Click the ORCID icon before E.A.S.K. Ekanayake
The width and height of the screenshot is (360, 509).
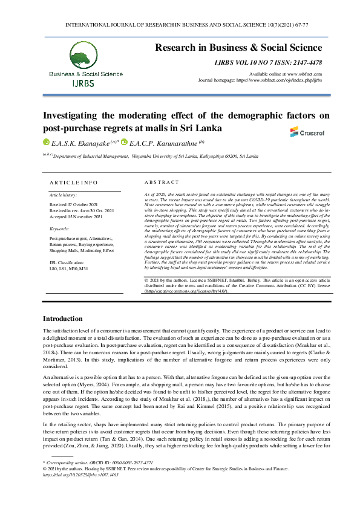click(x=45, y=143)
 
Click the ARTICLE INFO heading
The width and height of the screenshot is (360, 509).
click(x=73, y=182)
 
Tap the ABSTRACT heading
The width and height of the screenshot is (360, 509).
click(x=162, y=182)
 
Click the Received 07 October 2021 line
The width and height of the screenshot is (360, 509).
click(x=73, y=206)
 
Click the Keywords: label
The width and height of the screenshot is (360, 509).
click(x=59, y=229)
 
